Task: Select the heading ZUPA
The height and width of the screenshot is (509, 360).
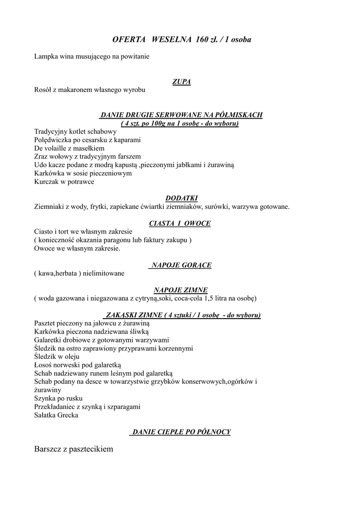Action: [181, 82]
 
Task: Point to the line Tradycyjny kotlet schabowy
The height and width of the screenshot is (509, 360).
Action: [75, 131]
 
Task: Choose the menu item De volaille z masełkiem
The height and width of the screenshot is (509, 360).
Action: [69, 148]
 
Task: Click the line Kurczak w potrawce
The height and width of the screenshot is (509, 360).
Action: [64, 182]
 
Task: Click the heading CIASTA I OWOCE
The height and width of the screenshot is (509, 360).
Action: [180, 223]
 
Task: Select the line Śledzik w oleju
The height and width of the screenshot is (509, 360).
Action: [58, 356]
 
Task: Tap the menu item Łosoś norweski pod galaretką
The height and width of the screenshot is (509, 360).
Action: [75, 364]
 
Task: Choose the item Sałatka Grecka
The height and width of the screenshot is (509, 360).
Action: [56, 415]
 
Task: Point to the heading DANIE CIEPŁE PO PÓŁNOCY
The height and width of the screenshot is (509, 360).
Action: [181, 431]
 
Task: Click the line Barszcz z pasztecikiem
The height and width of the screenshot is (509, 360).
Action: [74, 449]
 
